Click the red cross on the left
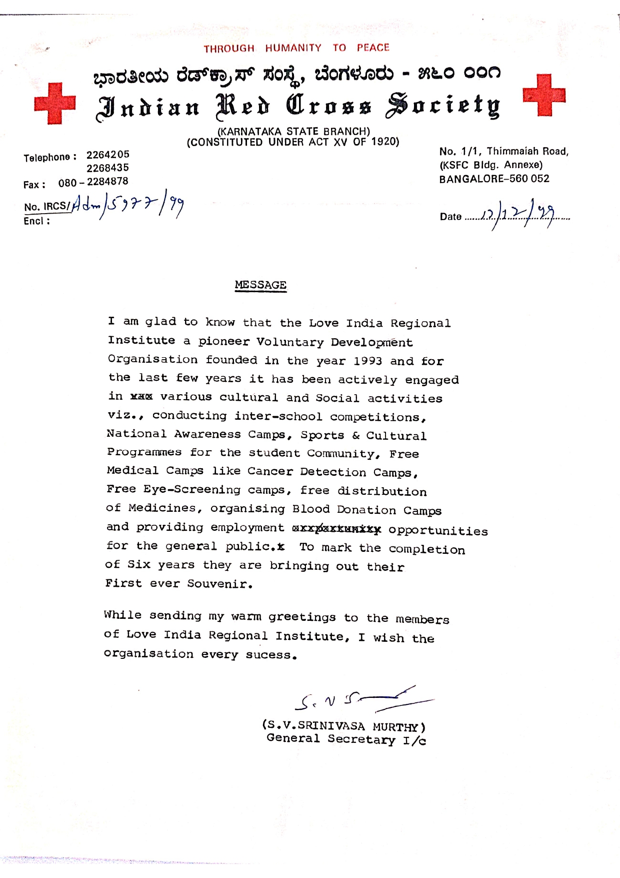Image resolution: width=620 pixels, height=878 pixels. (x=54, y=104)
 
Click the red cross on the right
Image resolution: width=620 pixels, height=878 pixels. (x=544, y=95)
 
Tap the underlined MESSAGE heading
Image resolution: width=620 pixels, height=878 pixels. (x=260, y=285)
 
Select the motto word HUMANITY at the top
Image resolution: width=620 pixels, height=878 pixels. (x=293, y=48)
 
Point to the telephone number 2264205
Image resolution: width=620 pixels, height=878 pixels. (x=107, y=155)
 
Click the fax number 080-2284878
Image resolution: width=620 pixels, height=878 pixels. (x=93, y=182)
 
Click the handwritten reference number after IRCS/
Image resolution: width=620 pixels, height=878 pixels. (x=127, y=206)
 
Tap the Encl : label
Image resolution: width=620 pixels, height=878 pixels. (x=36, y=221)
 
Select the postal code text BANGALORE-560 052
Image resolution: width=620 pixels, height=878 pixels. (x=494, y=179)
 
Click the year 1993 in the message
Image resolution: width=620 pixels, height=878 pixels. (x=367, y=361)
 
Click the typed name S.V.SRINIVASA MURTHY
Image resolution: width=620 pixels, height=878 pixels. (x=344, y=726)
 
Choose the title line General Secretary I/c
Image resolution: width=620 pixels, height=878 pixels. (x=346, y=739)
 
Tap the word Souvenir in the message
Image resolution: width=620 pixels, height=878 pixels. (x=219, y=584)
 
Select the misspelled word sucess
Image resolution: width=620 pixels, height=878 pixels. (x=271, y=655)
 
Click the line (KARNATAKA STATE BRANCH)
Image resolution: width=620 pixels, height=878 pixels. (x=293, y=132)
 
